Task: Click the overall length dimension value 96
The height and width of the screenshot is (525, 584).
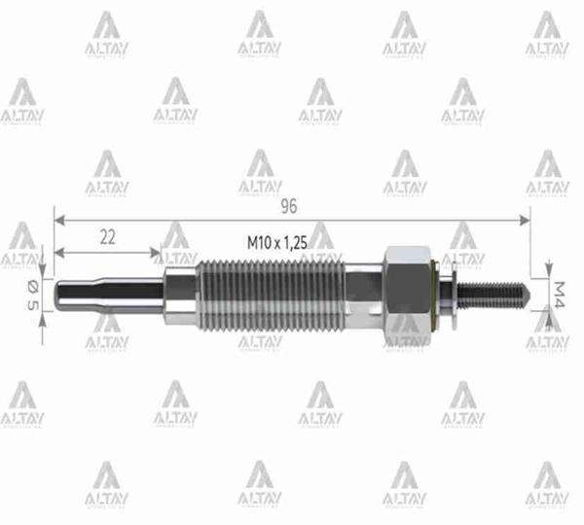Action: coord(288,206)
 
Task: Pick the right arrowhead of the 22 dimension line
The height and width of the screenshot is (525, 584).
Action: coord(158,253)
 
